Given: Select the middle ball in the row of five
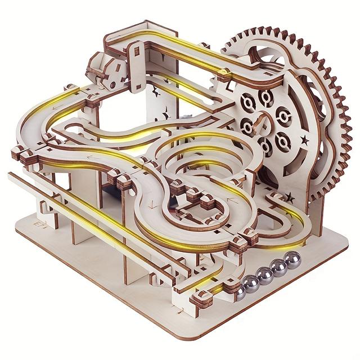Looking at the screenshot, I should [x=264, y=274].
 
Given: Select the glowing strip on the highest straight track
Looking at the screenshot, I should [x=186, y=56].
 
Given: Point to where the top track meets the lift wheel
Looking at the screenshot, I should [x=228, y=73].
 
